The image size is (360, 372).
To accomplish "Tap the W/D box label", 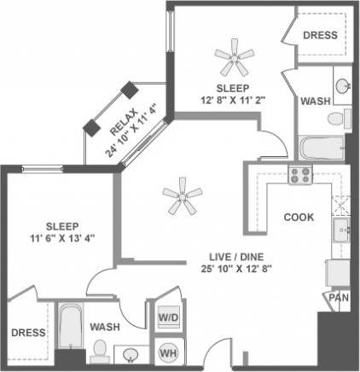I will (167, 317).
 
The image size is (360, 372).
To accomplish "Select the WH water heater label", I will (167, 351).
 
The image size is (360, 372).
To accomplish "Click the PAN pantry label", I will (337, 299).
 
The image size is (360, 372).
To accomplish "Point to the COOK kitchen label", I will (299, 217).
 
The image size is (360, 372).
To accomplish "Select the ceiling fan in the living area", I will (180, 197).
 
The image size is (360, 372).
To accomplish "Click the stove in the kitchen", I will (299, 176).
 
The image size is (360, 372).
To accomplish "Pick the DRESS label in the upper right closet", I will (320, 35).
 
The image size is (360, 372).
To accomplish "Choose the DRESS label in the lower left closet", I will (27, 333).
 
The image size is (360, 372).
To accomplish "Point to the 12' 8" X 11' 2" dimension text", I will (232, 99).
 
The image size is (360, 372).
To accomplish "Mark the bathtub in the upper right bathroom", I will (321, 150).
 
